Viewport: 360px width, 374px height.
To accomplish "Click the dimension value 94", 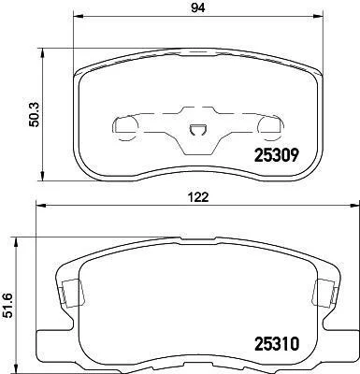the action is pos(198,7).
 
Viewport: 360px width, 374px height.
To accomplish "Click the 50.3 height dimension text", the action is pos(35,115).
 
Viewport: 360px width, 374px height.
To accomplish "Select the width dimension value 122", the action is pos(198,197).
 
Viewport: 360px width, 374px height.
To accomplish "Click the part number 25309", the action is pos(277,155).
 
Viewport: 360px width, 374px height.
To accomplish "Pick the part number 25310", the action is pos(277,344).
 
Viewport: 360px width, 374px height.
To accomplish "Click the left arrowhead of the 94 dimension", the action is pos(79,17).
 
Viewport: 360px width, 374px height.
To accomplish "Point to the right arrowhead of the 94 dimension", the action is pos(318,17).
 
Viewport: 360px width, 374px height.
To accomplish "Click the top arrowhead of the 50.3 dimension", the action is pos(42,53).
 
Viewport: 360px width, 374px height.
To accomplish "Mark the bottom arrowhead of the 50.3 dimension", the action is pos(42,175).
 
